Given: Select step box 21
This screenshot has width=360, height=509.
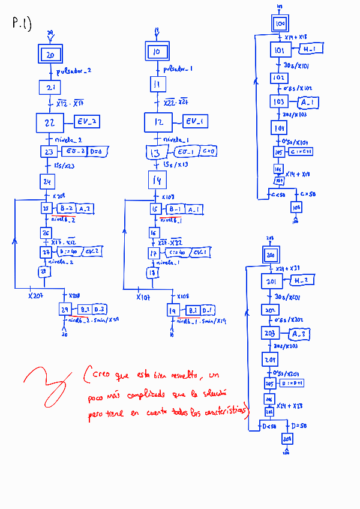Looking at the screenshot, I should coord(49,88).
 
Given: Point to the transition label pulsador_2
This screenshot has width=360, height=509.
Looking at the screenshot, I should coord(74,71).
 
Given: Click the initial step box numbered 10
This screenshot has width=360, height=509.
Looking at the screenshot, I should coord(157,52).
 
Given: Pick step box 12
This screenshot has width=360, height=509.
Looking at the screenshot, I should coord(158,122).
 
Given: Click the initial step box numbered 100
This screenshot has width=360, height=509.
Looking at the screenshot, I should coord(280,24).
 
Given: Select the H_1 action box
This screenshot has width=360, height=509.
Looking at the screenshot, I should coord(310,49).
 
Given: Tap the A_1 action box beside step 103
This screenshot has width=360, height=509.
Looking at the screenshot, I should coord(310,102).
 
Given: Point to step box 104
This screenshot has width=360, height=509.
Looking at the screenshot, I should coord(279,128).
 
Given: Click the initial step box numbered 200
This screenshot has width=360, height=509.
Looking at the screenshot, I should coord(270,255).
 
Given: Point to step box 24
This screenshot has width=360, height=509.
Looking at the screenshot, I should coord(48,181).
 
